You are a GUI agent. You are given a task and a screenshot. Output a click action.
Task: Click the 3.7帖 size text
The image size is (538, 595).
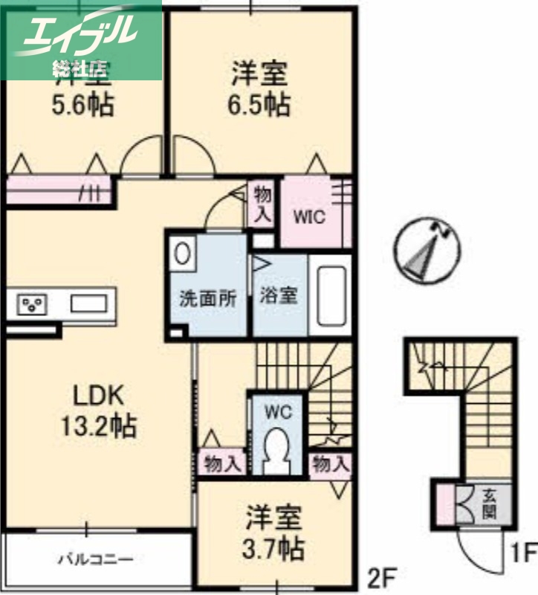tap(274, 550)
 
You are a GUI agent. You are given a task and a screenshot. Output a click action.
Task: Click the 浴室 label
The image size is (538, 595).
tap(279, 295)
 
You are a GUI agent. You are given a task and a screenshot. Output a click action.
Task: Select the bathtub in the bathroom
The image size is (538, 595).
tap(328, 295)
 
